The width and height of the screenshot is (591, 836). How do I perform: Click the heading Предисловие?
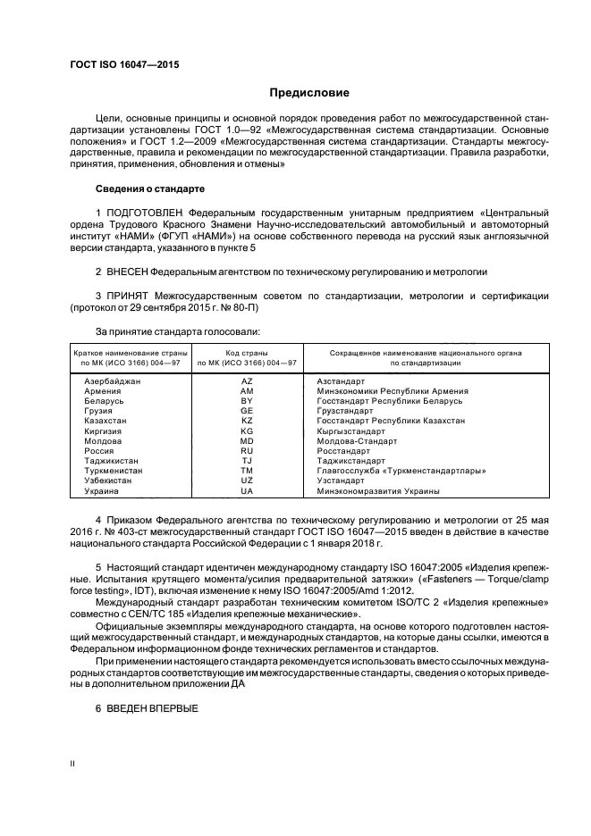pyautogui.click(x=310, y=93)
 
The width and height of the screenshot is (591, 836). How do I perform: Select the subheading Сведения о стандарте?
pyautogui.click(x=150, y=189)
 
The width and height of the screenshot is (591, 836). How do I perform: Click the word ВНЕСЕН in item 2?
pyautogui.click(x=126, y=270)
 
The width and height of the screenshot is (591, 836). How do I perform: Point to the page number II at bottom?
pyautogui.click(x=73, y=765)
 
